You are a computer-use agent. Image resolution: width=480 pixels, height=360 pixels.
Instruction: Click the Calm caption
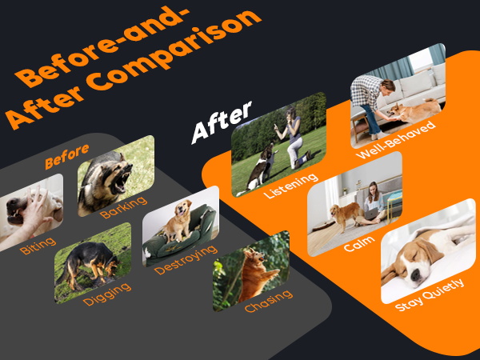click(359, 242)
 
